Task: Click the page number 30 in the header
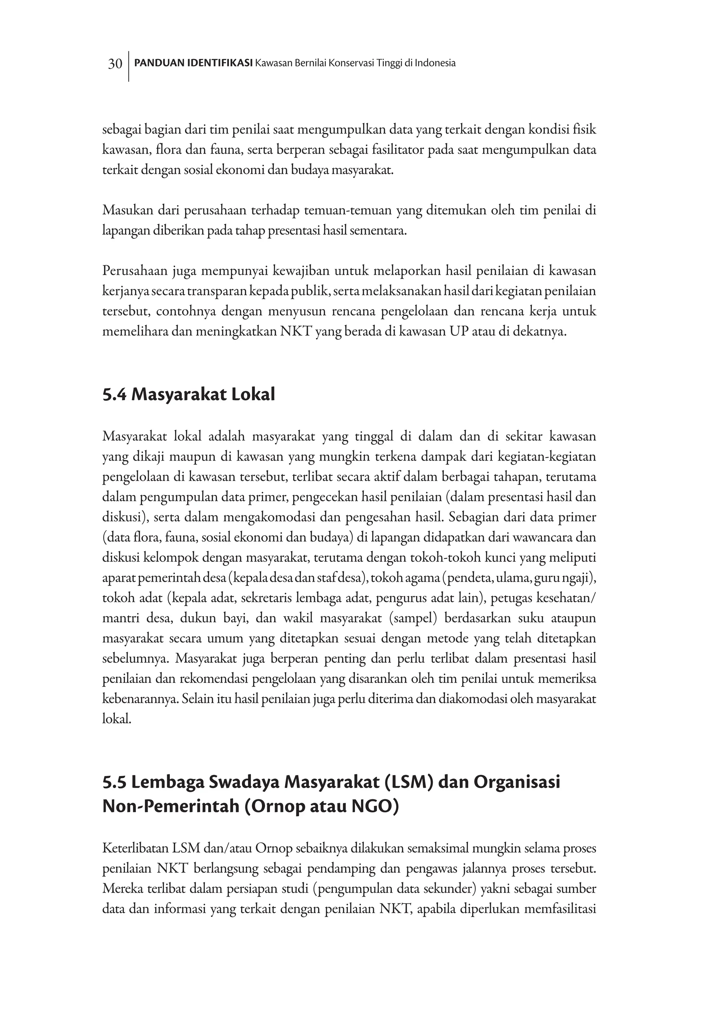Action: [x=115, y=64]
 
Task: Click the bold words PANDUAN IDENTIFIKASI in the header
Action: [x=193, y=63]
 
